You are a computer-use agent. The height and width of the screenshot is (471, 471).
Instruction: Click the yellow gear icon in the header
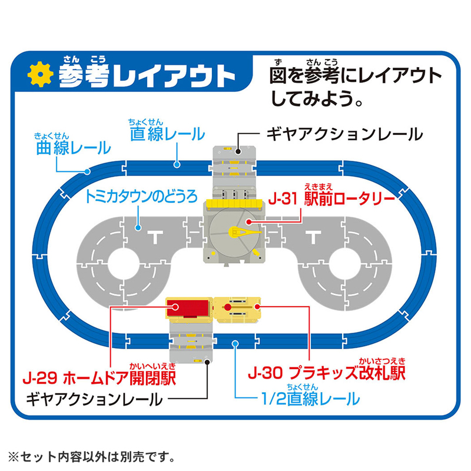click(40, 74)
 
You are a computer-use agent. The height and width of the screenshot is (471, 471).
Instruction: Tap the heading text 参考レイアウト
click(147, 75)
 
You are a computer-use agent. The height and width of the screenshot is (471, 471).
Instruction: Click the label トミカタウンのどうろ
click(141, 197)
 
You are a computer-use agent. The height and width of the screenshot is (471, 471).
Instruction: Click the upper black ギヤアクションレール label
click(344, 134)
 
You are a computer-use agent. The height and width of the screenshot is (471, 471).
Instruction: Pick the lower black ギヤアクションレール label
click(94, 400)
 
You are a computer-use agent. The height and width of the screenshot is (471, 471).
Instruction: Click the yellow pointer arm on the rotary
click(245, 232)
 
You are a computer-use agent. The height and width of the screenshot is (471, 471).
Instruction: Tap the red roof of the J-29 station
click(188, 307)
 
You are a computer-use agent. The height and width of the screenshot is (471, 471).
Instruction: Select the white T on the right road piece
click(314, 237)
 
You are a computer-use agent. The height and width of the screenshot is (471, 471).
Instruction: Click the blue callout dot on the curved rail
click(87, 171)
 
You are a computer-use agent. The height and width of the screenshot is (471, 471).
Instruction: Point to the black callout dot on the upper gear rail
click(238, 151)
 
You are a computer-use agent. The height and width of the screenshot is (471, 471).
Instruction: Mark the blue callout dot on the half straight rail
click(235, 344)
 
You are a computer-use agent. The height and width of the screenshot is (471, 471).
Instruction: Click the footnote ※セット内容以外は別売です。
click(91, 457)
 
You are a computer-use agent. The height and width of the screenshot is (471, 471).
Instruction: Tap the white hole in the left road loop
click(123, 264)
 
